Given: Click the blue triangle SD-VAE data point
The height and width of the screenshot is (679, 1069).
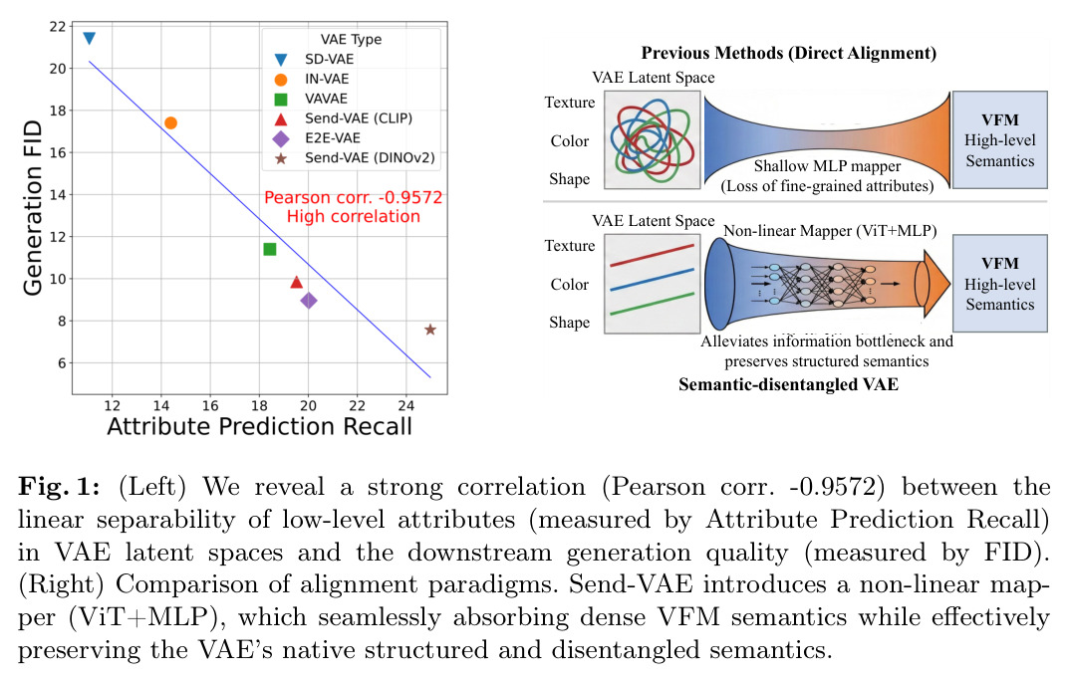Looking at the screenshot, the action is pyautogui.click(x=89, y=38).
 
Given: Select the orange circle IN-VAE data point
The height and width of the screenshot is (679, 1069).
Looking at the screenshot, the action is pyautogui.click(x=171, y=122).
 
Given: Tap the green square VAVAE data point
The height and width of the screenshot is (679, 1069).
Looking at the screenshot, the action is pyautogui.click(x=270, y=249).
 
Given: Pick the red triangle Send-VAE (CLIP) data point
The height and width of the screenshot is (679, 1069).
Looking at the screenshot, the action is pyautogui.click(x=297, y=282).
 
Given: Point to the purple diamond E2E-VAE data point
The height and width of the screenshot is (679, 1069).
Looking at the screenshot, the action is pyautogui.click(x=309, y=301).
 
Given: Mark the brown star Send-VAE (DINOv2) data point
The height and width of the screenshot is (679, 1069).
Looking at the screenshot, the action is pyautogui.click(x=430, y=330).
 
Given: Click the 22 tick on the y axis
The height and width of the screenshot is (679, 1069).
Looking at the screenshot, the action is pyautogui.click(x=57, y=27).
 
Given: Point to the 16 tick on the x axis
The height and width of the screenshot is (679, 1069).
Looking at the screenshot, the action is pyautogui.click(x=210, y=406).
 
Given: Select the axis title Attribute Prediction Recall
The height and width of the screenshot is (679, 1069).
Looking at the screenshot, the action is pyautogui.click(x=260, y=426).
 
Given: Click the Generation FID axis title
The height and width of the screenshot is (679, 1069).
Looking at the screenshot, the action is pyautogui.click(x=33, y=208).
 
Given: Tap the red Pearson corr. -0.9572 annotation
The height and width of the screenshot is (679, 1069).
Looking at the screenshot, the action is pyautogui.click(x=353, y=197).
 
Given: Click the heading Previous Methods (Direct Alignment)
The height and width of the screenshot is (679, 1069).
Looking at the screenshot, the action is pyautogui.click(x=789, y=53).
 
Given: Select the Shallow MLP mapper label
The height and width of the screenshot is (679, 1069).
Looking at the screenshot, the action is pyautogui.click(x=827, y=166).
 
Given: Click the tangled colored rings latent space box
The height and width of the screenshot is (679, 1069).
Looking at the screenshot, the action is pyautogui.click(x=653, y=139).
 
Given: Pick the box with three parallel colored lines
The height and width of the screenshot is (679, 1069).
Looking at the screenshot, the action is pyautogui.click(x=653, y=284).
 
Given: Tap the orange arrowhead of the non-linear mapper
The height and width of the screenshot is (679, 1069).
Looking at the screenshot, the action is pyautogui.click(x=936, y=284).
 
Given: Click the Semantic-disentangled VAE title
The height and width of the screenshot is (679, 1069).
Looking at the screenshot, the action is pyautogui.click(x=788, y=384).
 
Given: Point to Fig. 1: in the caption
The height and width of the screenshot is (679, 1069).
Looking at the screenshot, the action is pyautogui.click(x=60, y=487).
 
